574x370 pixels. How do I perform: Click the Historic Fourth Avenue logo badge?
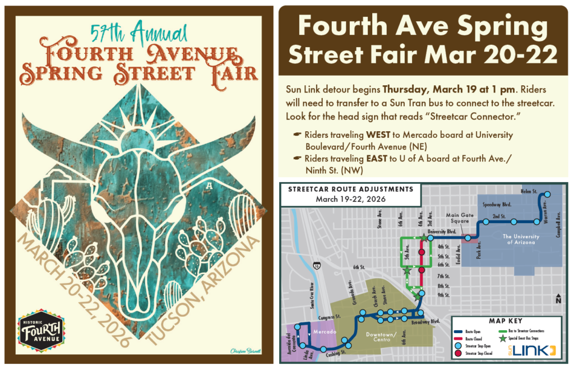[x=41, y=331]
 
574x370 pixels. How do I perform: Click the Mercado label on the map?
[x=325, y=332]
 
